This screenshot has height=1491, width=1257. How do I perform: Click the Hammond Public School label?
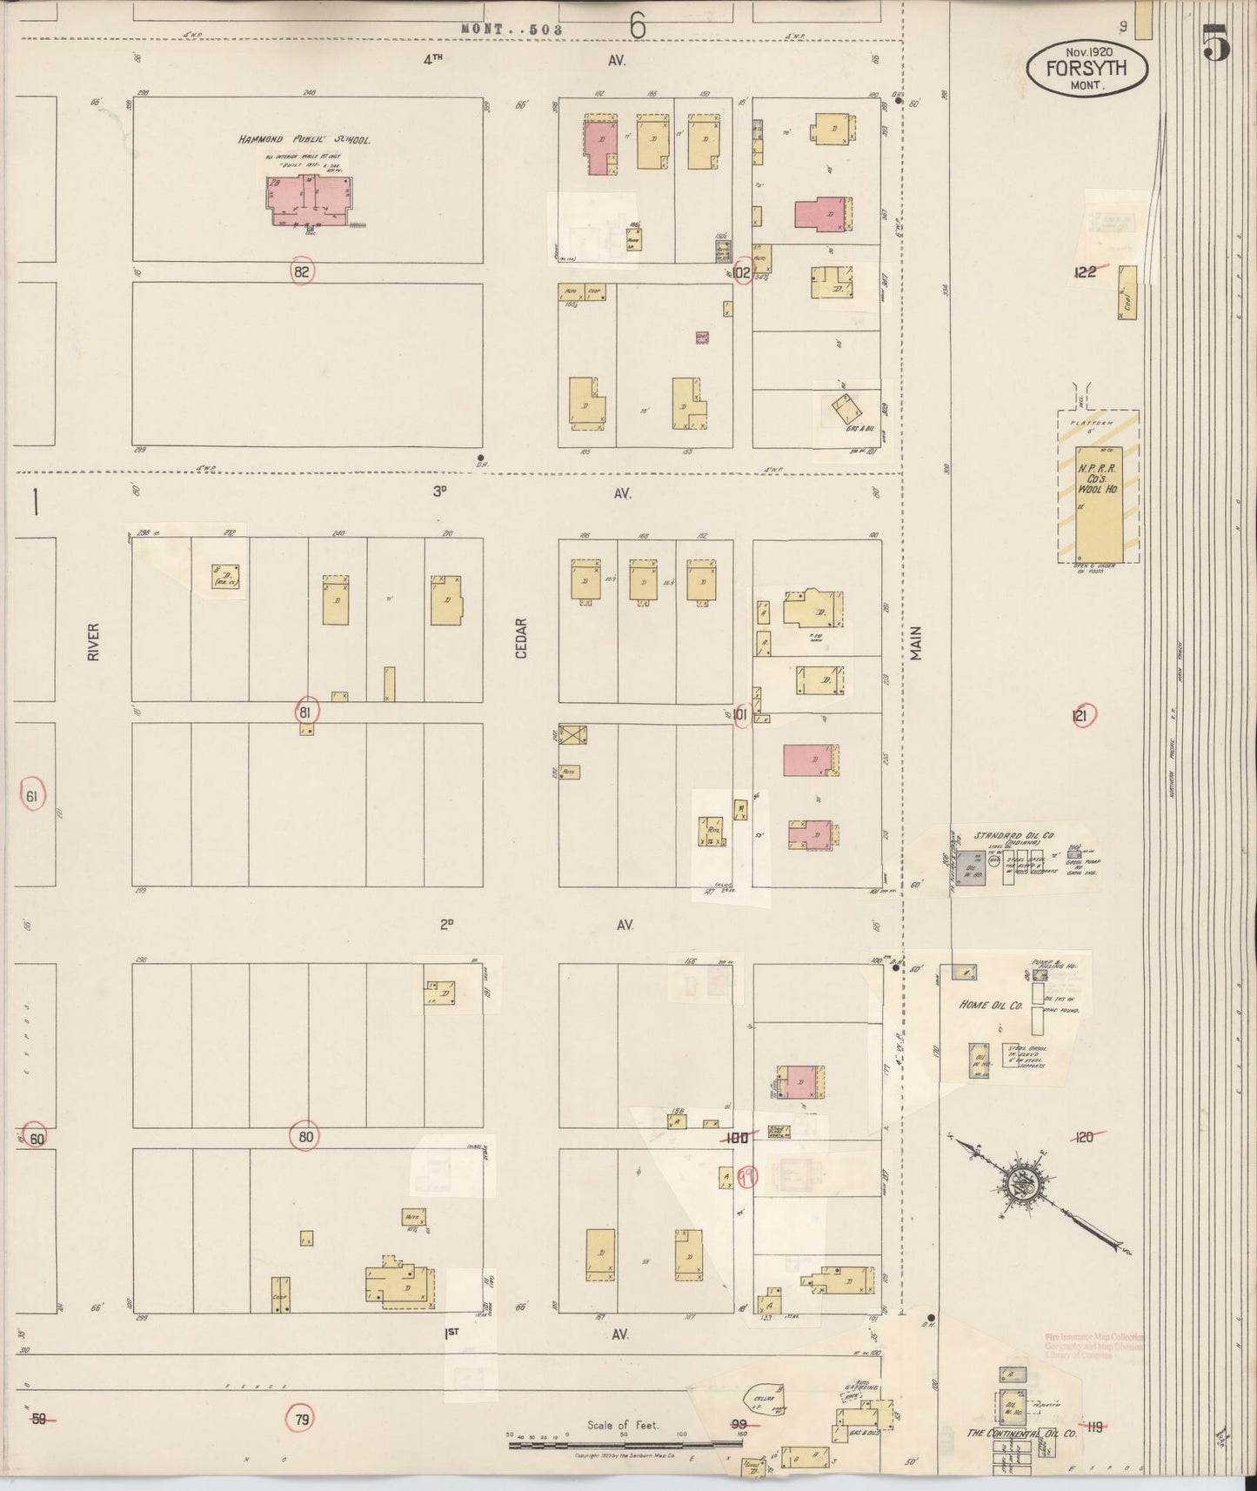pyautogui.click(x=305, y=139)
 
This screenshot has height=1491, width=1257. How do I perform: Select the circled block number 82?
pyautogui.click(x=302, y=271)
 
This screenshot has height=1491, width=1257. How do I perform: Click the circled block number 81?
pyautogui.click(x=305, y=712)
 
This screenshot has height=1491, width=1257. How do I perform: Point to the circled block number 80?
pyautogui.click(x=305, y=1136)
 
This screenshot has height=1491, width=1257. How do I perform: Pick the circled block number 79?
pyautogui.click(x=301, y=1419)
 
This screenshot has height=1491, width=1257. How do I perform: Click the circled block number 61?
pyautogui.click(x=33, y=795)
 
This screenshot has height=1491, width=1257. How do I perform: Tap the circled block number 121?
pyautogui.click(x=1081, y=715)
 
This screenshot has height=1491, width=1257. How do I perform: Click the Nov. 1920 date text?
pyautogui.click(x=1087, y=51)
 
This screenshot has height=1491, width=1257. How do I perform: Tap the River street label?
pyautogui.click(x=93, y=641)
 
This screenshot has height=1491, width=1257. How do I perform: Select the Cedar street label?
pyautogui.click(x=521, y=638)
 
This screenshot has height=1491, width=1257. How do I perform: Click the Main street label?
pyautogui.click(x=915, y=644)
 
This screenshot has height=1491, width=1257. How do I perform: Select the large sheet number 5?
pyautogui.click(x=1216, y=43)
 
